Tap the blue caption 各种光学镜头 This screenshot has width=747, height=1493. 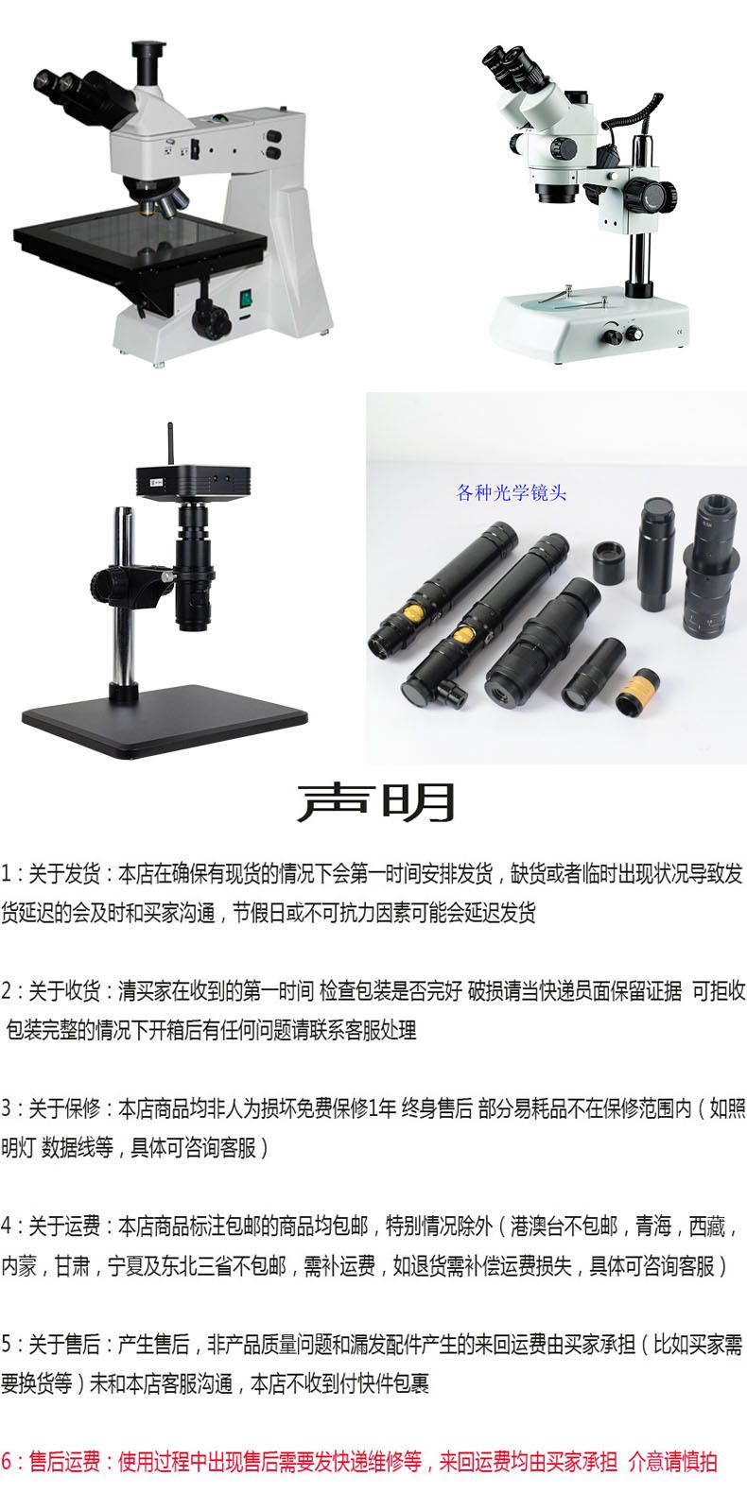511,492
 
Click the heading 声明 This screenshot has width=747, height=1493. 375,801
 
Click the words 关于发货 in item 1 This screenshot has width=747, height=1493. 64,874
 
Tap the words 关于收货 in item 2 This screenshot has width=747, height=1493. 64,991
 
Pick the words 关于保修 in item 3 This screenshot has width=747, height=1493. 64,1108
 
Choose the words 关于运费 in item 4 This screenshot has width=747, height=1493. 64,1226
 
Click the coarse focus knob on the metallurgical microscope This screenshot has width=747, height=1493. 211,318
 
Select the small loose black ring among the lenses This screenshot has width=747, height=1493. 608,562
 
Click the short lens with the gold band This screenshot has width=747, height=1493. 637,692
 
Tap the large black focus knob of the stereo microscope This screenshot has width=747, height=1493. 651,195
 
